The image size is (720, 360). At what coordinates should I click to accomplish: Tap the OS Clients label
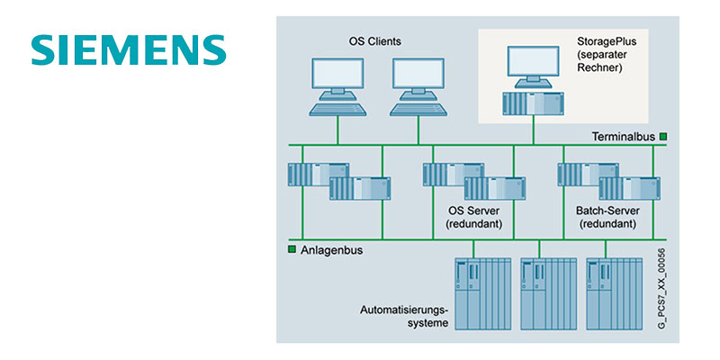click(x=375, y=41)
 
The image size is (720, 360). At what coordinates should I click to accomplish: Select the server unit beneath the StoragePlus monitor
click(x=535, y=104)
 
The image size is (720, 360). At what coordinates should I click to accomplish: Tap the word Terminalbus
click(x=622, y=137)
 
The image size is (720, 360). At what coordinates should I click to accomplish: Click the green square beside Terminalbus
click(x=663, y=137)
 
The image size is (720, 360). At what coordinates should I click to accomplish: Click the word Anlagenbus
click(x=332, y=250)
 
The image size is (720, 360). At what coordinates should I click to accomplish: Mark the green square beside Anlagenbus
click(x=292, y=250)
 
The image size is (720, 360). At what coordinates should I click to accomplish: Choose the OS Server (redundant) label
click(x=474, y=217)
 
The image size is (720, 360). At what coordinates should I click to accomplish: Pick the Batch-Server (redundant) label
click(x=609, y=217)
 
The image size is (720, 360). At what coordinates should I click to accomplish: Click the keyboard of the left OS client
click(x=337, y=109)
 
